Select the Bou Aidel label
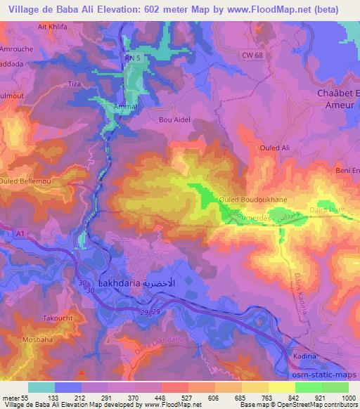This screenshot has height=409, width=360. click(x=175, y=119)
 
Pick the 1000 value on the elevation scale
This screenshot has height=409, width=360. click(x=347, y=398)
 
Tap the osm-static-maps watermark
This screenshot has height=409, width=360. click(x=325, y=377)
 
